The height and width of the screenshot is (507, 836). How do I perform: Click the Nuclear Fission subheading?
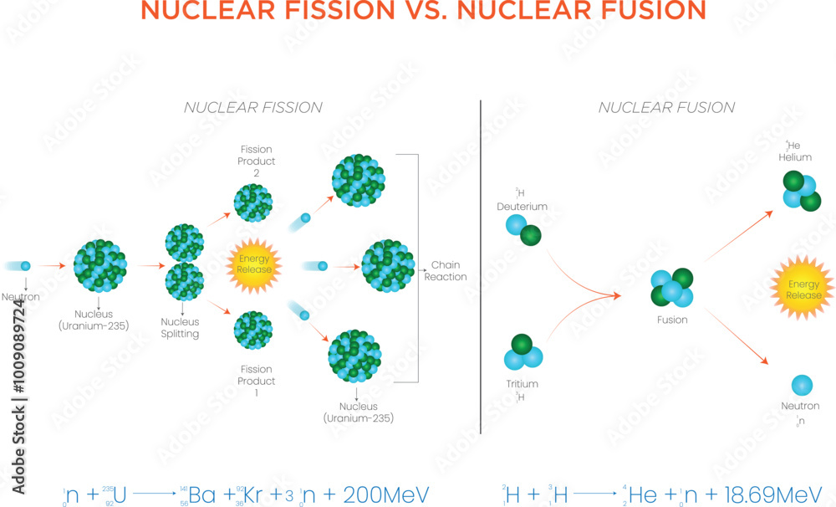click(x=252, y=107)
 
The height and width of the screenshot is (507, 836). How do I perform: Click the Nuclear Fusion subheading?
click(x=666, y=107)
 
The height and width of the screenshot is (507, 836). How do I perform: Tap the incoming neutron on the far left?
click(x=25, y=266)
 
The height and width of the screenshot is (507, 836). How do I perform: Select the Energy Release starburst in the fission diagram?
click(x=254, y=264)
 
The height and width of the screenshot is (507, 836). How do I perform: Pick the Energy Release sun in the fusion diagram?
click(x=803, y=289)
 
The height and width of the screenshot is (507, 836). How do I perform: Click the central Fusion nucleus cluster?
click(x=672, y=288)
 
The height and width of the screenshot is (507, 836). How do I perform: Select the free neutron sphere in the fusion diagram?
click(x=801, y=385)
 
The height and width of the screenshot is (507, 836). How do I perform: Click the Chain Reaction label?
click(x=445, y=271)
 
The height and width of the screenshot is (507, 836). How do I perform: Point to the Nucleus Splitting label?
click(x=180, y=328)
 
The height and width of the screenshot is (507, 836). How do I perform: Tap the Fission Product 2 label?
click(x=257, y=161)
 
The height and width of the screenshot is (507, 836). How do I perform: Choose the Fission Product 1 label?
click(x=257, y=381)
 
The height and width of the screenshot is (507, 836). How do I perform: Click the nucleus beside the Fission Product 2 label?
click(x=253, y=202)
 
